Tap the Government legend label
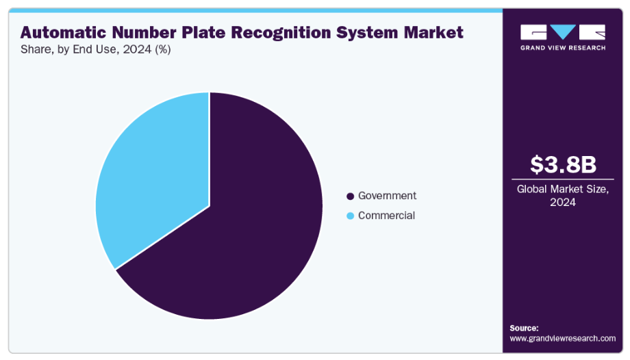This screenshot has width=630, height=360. click(387, 196)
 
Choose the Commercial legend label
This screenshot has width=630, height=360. click(386, 216)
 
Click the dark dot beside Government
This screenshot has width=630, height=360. click(351, 196)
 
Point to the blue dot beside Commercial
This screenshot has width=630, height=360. click(351, 216)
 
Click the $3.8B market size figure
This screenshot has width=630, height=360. click(563, 165)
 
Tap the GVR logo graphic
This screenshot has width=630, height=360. click(563, 32)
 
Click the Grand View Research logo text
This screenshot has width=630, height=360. click(563, 47)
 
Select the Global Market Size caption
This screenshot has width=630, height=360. click(563, 190)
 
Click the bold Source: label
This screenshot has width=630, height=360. click(524, 328)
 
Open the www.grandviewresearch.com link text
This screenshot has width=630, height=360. click(563, 338)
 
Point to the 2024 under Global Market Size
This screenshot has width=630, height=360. click(563, 203)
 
